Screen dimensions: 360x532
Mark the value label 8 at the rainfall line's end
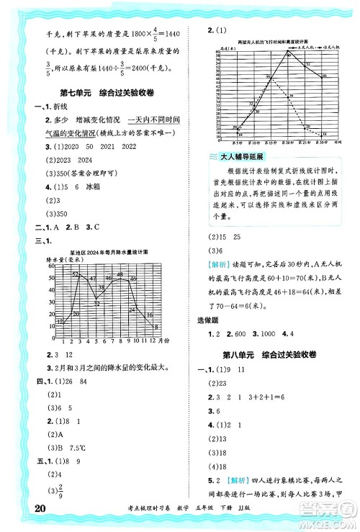(155, 326)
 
